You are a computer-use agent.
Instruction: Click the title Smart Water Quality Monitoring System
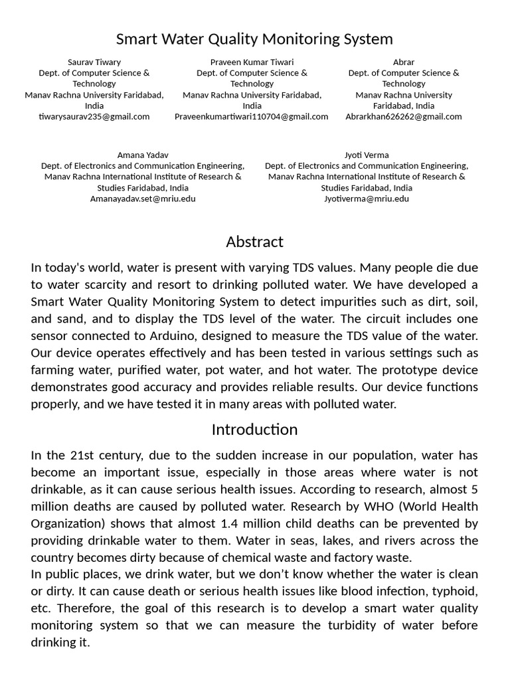pyautogui.click(x=254, y=39)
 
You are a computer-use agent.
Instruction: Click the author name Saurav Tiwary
pyautogui.click(x=94, y=62)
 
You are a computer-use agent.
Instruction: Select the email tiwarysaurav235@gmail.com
pyautogui.click(x=94, y=116)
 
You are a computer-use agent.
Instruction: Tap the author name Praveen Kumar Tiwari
pyautogui.click(x=252, y=62)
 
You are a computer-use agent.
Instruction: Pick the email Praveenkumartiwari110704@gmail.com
pyautogui.click(x=252, y=116)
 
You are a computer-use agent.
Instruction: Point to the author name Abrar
pyautogui.click(x=404, y=62)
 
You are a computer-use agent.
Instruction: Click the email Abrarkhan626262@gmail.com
pyautogui.click(x=404, y=116)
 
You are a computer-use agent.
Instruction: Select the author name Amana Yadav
pyautogui.click(x=143, y=155)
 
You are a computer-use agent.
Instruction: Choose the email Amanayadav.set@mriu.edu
pyautogui.click(x=143, y=199)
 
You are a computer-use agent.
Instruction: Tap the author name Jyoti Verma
pyautogui.click(x=367, y=155)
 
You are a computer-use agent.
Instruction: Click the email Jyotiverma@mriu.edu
pyautogui.click(x=367, y=199)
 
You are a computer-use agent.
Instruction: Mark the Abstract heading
pyautogui.click(x=254, y=242)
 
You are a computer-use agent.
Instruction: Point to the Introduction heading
pyautogui.click(x=254, y=430)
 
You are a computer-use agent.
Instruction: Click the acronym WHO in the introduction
pyautogui.click(x=379, y=506)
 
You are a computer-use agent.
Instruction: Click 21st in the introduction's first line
pyautogui.click(x=81, y=456)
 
